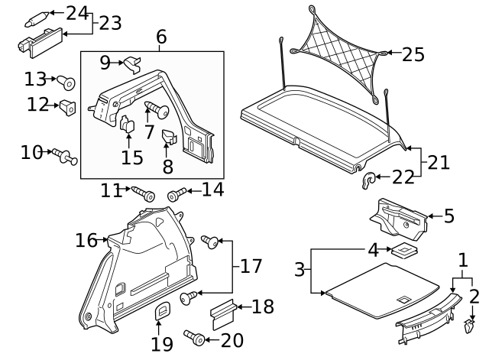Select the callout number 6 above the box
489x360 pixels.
161,37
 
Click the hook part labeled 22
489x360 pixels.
369,180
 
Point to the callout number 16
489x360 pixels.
86,241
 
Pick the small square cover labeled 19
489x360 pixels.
162,313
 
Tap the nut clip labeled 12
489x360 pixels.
67,107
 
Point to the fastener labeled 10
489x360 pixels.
64,157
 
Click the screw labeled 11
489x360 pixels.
142,193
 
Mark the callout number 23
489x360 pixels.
110,23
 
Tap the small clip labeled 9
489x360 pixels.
134,60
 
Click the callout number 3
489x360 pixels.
300,269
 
